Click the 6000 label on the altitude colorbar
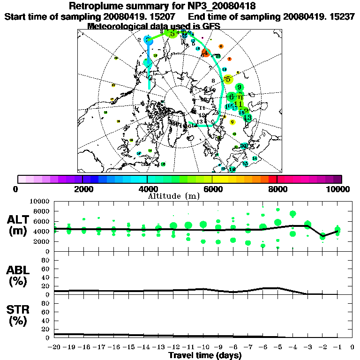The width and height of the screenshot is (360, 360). tap(212, 189)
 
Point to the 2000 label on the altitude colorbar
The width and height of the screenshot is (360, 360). tap(82, 189)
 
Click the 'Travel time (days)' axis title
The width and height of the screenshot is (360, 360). tap(205, 356)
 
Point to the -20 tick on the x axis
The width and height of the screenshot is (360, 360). tap(55, 347)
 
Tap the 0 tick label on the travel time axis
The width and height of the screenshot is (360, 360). tap(352, 347)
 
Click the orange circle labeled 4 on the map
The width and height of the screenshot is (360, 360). tap(205, 53)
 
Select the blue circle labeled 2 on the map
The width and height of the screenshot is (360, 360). tap(148, 41)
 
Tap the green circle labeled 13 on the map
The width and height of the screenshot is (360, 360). tap(247, 117)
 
